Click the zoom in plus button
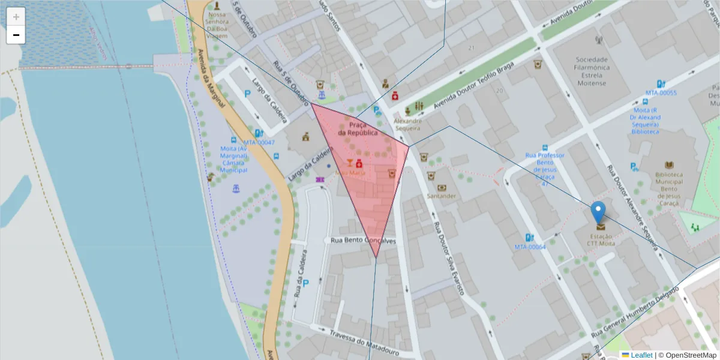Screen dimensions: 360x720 click(x=16, y=17)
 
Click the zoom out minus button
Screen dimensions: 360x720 click(x=16, y=35)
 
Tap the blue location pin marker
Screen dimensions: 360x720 click(x=598, y=211)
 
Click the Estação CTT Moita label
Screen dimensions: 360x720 click(x=601, y=240)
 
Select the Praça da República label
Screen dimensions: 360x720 click(x=358, y=128)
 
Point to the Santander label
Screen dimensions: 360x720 click(x=442, y=196)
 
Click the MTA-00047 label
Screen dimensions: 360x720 click(x=259, y=143)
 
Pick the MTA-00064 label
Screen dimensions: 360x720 click(x=530, y=247)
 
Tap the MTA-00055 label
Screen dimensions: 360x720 click(x=661, y=93)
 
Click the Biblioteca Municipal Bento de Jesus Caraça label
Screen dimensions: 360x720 click(x=669, y=184)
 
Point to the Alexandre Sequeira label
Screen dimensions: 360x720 click(x=407, y=124)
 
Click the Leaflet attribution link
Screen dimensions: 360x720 click(x=641, y=355)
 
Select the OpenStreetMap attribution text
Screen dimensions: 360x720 click(x=690, y=355)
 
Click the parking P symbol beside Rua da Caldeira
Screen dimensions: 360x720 click(x=305, y=283)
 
